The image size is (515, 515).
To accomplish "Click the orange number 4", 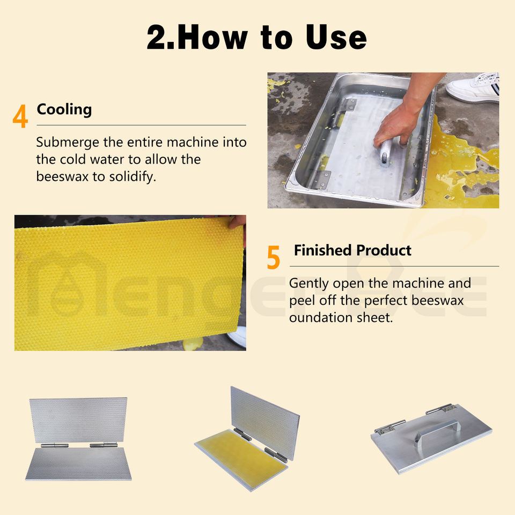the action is click(20, 116).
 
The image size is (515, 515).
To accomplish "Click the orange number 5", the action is click(273, 257).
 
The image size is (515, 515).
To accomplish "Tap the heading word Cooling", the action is click(64, 109).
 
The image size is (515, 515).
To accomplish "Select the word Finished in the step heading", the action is click(323, 251).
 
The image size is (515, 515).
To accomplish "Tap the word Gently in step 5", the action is click(308, 284).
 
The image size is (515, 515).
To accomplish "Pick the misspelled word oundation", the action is click(315, 318).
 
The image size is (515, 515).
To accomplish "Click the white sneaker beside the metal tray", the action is click(474, 87).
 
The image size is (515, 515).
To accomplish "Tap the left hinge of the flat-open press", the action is click(55, 445).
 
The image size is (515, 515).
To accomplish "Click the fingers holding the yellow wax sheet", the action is click(238, 224).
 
